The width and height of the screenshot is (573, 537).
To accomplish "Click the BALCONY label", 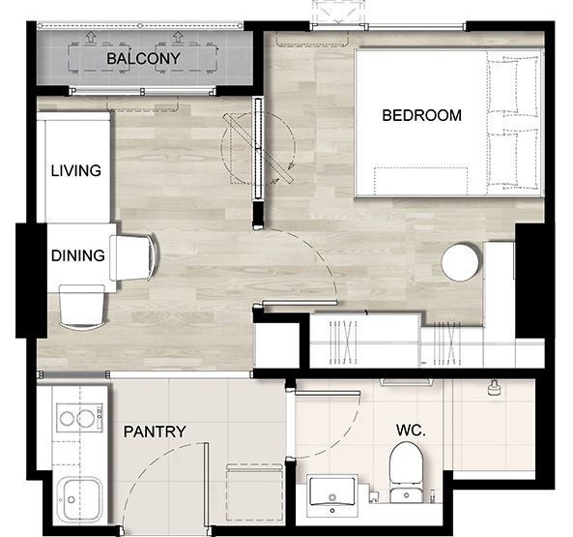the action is click(x=143, y=58).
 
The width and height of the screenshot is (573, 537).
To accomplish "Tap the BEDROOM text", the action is click(x=421, y=115).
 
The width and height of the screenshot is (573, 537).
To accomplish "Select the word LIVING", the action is click(x=76, y=171).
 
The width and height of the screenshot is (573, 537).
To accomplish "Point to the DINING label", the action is click(x=78, y=255).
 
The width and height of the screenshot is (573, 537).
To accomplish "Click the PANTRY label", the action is click(x=155, y=432).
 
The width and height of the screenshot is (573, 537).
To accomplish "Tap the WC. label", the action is click(x=411, y=431).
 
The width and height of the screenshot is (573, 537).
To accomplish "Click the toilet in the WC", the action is click(x=406, y=472).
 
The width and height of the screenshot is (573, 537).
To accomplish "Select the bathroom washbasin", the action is click(x=332, y=495).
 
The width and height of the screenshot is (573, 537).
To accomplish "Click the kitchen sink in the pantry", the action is click(x=79, y=500).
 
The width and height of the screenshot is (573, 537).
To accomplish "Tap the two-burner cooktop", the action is click(x=79, y=418).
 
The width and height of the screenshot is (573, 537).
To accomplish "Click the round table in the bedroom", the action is click(x=460, y=262).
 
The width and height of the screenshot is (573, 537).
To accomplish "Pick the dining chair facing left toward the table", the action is click(x=134, y=258).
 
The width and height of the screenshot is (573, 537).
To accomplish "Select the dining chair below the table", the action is click(x=82, y=308).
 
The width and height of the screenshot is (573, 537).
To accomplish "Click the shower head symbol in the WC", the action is click(x=494, y=388).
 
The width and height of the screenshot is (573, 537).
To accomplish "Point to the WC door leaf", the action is click(x=328, y=393).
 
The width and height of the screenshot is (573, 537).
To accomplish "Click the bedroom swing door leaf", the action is click(x=300, y=303).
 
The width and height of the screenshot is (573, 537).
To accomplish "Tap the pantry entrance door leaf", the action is click(x=206, y=485).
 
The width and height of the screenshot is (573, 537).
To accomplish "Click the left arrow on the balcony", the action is click(x=90, y=37).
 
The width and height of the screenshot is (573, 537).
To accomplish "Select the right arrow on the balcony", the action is click(x=178, y=37).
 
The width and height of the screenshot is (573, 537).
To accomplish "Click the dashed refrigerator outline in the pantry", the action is click(x=254, y=492).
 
